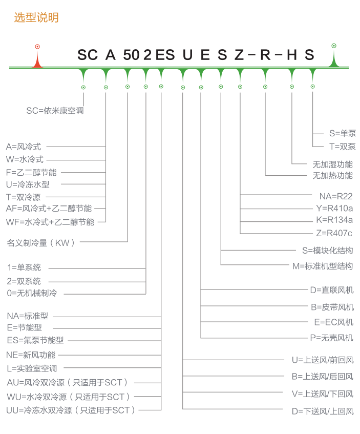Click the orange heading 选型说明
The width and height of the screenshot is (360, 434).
[x=36, y=17]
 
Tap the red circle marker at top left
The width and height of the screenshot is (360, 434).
[x=37, y=47]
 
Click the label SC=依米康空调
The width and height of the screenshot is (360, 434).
[x=55, y=111]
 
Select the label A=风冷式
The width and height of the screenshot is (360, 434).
[x=24, y=147]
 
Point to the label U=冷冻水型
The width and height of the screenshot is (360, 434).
[x=28, y=184]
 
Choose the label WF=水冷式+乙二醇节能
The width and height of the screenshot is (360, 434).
[x=50, y=222]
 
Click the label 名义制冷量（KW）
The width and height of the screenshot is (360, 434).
[x=41, y=243]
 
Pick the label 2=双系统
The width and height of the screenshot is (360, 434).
[x=24, y=281]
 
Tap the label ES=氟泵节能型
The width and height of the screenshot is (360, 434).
[x=35, y=340]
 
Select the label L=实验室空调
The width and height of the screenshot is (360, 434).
[x=32, y=368]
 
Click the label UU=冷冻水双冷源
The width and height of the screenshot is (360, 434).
[x=39, y=410]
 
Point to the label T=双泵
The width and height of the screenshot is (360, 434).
[x=342, y=147]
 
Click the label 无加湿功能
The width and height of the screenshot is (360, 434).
[x=333, y=164]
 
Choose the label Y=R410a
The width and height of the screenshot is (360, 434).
[x=334, y=208]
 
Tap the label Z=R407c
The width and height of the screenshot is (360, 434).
[x=334, y=233]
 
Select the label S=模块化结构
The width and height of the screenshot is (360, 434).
[x=328, y=251]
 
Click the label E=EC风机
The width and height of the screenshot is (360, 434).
[x=334, y=322]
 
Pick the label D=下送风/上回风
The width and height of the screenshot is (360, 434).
[x=323, y=411]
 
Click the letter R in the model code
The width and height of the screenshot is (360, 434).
[x=265, y=54]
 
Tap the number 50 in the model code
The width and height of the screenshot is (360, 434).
[x=132, y=54]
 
